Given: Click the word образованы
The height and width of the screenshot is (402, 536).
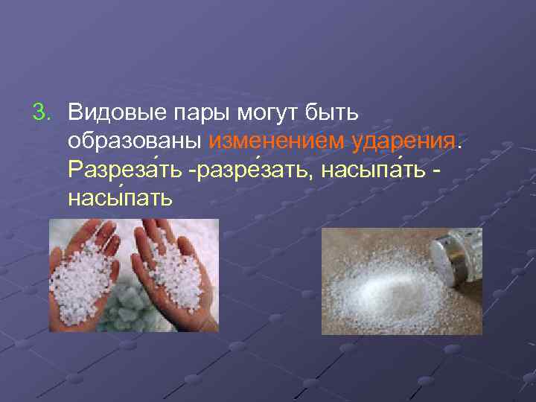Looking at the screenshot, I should point(135,141).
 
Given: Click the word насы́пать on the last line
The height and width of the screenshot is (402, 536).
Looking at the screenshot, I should point(119,197).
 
